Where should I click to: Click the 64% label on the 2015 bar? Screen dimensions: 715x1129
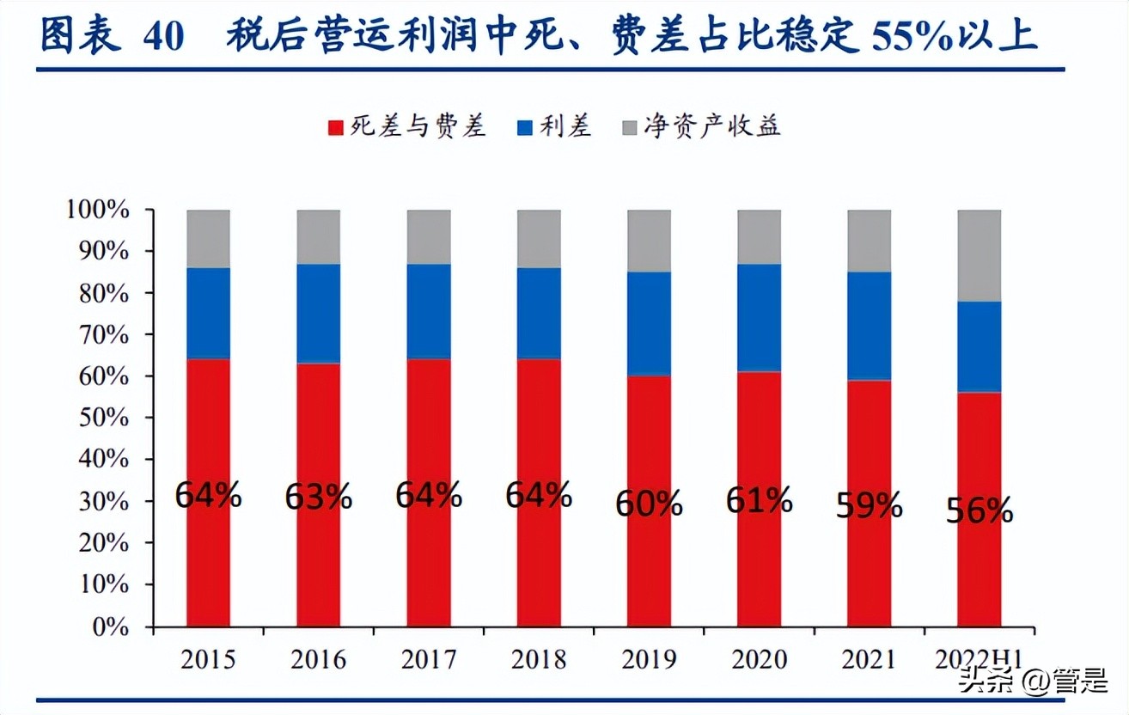click(208, 496)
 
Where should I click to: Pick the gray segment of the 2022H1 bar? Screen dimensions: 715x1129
click(979, 255)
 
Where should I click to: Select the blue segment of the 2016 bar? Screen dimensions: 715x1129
click(319, 313)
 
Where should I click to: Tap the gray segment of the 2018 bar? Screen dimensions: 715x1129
click(539, 238)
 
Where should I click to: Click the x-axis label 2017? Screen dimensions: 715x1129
click(429, 659)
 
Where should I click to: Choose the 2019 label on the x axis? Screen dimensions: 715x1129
click(649, 659)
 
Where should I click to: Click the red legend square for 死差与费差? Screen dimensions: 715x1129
click(336, 128)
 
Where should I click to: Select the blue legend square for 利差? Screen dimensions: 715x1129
click(523, 128)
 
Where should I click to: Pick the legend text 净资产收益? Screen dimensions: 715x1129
click(712, 127)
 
